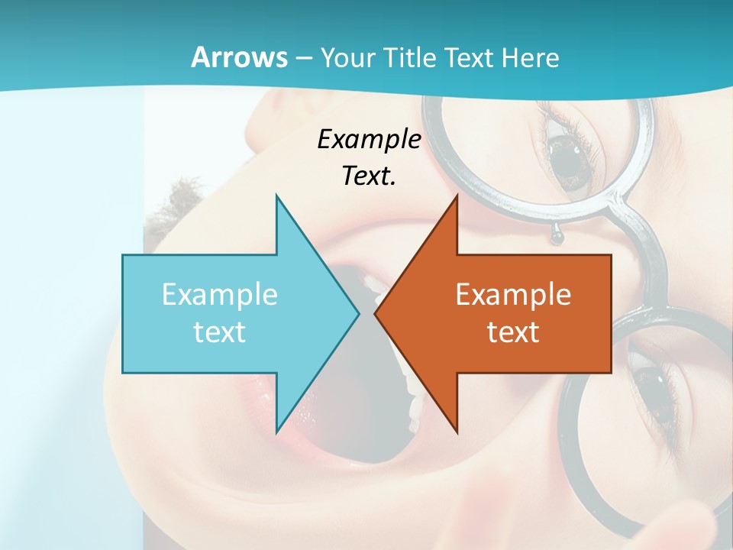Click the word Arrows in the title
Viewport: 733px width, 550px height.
coord(240,57)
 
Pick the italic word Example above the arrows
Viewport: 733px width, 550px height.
coord(369,139)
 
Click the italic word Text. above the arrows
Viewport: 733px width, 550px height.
coord(369,176)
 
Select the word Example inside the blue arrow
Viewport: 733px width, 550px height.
coord(219,295)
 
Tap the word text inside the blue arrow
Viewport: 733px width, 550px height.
coord(219,332)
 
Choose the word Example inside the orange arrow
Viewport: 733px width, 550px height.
coord(513,295)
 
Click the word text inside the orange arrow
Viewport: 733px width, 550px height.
coord(513,332)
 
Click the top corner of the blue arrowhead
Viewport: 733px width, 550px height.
coord(276,196)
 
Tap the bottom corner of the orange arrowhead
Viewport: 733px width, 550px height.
coord(457,432)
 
